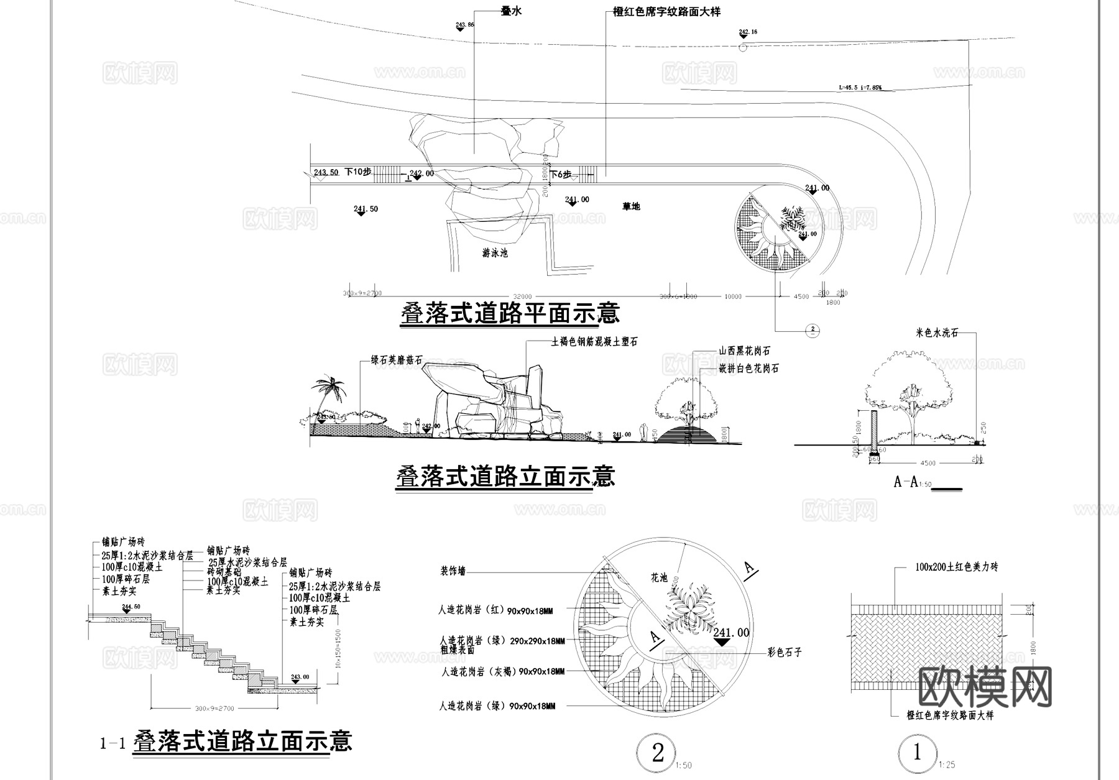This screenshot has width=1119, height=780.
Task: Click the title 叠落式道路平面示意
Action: coord(510,313)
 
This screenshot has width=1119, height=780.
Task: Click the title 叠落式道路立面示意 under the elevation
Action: coord(505,477)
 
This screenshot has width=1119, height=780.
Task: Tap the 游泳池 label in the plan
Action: coord(495,254)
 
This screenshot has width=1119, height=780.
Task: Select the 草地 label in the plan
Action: coord(631,206)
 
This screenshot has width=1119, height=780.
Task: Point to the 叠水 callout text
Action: coord(511,12)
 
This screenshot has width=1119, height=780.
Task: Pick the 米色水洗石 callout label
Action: coord(937,333)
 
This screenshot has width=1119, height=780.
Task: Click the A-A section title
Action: coord(906,482)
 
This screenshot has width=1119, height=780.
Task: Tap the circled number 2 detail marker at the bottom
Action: coord(658,753)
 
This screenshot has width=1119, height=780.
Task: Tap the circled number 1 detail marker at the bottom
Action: coord(917,753)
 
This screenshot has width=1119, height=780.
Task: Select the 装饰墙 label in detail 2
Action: coord(453,571)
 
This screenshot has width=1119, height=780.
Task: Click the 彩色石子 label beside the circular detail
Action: coord(785,652)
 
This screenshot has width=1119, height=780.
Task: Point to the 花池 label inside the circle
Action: coord(659,578)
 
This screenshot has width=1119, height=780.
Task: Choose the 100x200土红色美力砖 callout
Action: coord(957,567)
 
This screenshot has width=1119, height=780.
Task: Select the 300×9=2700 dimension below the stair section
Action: coord(214,709)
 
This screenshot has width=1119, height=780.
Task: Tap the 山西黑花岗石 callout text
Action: coord(745,351)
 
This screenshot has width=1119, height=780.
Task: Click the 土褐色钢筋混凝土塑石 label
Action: coord(594,342)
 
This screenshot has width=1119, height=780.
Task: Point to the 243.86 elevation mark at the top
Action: coord(464,25)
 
